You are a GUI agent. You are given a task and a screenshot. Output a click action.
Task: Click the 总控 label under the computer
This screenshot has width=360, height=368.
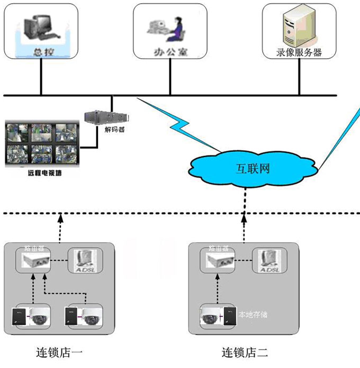tap(41, 52)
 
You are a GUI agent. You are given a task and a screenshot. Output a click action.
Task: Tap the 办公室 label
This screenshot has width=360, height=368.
tap(169, 53)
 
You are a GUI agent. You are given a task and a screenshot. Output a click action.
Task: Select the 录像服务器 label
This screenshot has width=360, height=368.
tap(299, 52)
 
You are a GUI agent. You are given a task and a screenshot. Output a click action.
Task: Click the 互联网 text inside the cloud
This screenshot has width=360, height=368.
tap(253, 169)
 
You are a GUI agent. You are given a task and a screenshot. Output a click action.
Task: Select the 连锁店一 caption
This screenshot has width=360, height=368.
tap(57, 352)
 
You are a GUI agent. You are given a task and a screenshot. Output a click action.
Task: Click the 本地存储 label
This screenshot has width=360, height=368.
tap(253, 315)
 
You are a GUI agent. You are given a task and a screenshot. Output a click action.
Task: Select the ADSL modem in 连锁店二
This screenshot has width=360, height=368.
tap(268, 261)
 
